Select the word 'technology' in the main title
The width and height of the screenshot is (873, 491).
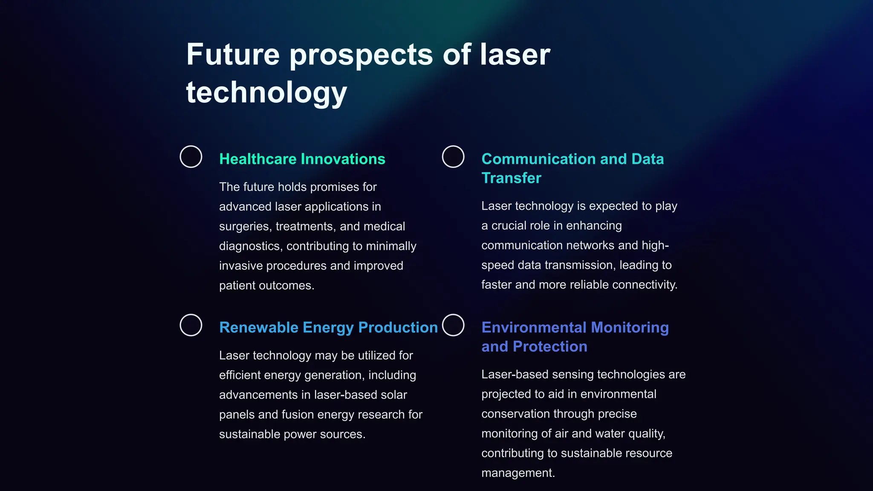pyautogui.click(x=266, y=93)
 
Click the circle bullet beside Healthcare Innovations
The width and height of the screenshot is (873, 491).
pyautogui.click(x=191, y=157)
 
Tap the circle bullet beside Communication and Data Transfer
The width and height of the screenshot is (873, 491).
pyautogui.click(x=453, y=157)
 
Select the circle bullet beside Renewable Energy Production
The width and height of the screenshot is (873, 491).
pyautogui.click(x=191, y=325)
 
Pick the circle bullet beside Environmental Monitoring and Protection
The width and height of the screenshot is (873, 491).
pyautogui.click(x=453, y=325)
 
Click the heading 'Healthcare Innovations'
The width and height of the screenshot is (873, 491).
pyautogui.click(x=302, y=159)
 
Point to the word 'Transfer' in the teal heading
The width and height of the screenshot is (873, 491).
pyautogui.click(x=511, y=178)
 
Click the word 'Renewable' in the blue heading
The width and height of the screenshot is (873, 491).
pyautogui.click(x=259, y=327)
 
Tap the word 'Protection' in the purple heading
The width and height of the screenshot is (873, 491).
pyautogui.click(x=550, y=347)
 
